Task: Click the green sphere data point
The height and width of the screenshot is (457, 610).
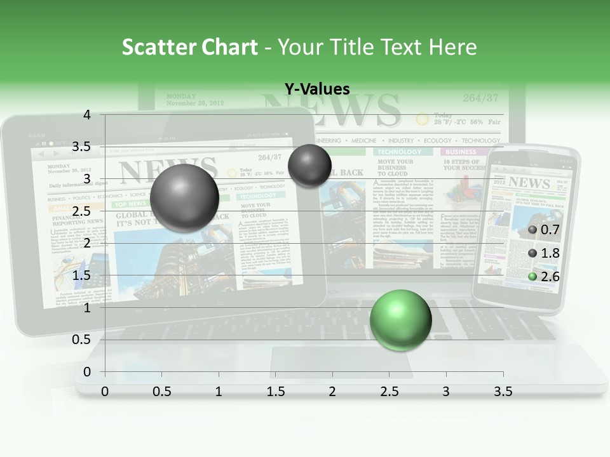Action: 400,319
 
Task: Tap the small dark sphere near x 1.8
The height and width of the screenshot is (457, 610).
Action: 309,166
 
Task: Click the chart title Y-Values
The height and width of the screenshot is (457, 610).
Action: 316,89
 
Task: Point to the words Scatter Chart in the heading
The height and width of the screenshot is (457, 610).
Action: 189,47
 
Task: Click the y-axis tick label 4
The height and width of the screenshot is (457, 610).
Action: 87,115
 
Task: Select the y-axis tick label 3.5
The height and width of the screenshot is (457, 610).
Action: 81,147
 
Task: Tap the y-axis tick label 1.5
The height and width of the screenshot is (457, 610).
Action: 81,275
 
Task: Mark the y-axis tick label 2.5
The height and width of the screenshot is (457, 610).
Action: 81,211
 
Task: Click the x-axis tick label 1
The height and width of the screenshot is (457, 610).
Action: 219,392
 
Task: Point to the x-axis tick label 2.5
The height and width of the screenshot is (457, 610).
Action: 389,392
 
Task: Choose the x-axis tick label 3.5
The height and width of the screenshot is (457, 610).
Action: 503,392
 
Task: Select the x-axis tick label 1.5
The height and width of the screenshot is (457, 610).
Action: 275,392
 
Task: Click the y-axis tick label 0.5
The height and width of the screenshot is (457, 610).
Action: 81,339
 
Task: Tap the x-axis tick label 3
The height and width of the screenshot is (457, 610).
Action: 446,392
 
